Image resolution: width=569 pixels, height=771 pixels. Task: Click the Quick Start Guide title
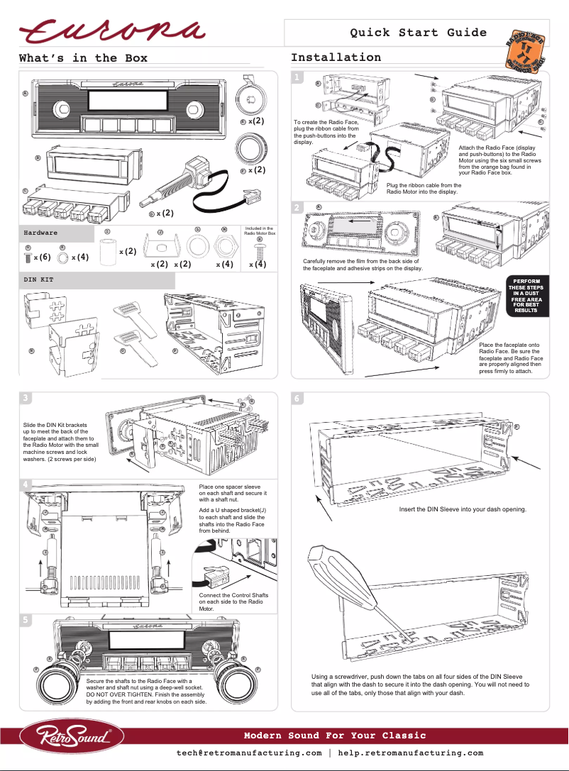[x=418, y=33]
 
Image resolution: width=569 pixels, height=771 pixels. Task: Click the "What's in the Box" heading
[x=83, y=58]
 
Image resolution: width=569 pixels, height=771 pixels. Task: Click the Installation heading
[x=336, y=57]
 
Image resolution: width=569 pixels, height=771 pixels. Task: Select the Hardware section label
[x=41, y=232]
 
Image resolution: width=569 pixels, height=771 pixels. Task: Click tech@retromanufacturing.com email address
[x=249, y=753]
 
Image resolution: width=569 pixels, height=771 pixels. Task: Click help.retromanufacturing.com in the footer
[x=410, y=753]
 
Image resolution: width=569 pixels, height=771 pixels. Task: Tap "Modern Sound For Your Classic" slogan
[x=335, y=736]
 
